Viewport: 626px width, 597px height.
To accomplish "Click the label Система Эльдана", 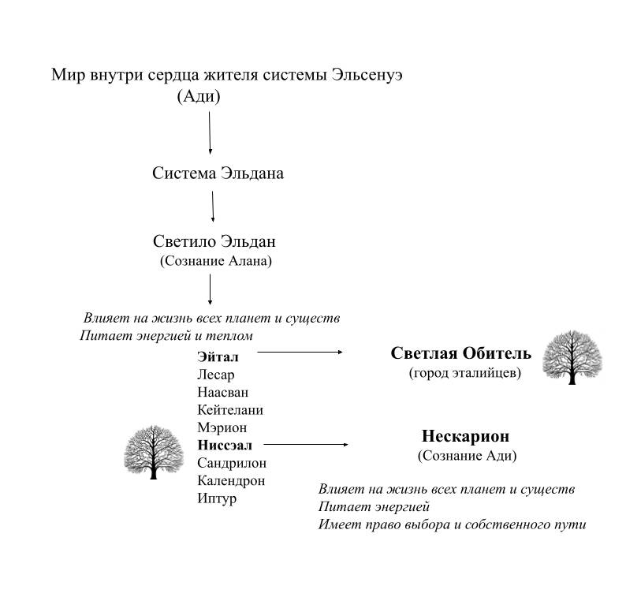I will (x=218, y=174).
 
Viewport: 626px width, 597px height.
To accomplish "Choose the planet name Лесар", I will (x=215, y=375).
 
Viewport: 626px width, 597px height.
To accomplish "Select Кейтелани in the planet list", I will (x=229, y=410).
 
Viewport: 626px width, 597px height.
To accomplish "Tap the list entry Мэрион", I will (x=222, y=427).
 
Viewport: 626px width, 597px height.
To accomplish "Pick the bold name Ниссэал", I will (x=223, y=445).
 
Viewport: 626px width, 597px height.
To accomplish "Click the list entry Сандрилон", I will (x=231, y=463).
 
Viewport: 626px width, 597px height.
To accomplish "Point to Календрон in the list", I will (x=230, y=480).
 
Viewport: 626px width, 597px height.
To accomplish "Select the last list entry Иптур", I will (x=217, y=498).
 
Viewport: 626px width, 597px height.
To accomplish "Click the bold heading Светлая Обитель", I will (x=461, y=353).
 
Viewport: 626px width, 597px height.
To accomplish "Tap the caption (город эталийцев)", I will (x=464, y=373).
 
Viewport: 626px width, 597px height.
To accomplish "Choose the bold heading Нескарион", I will (x=465, y=436).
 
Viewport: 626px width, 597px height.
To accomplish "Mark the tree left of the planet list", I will (x=155, y=450).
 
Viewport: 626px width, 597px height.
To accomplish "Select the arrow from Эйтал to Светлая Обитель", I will (x=300, y=353).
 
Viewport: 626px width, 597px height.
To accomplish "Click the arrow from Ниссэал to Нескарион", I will (x=306, y=445).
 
